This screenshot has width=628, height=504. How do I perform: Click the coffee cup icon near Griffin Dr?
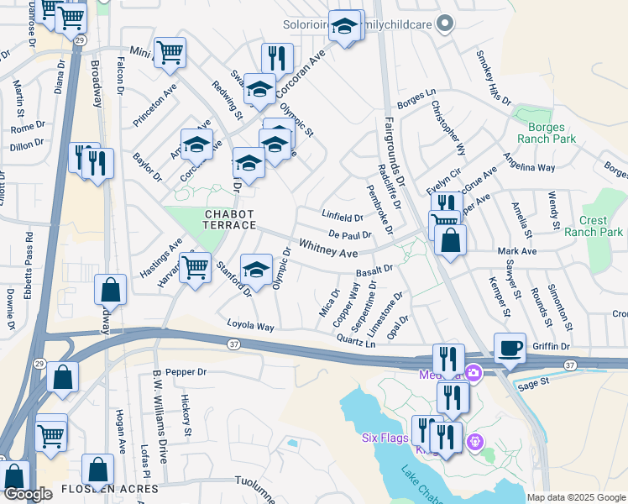(510, 348)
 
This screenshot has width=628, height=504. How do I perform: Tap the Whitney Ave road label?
(328, 249)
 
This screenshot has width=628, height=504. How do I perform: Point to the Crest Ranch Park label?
(594, 226)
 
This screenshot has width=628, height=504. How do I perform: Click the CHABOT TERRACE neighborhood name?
(230, 220)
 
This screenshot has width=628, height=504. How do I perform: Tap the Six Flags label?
(385, 438)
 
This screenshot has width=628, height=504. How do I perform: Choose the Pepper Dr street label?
(186, 371)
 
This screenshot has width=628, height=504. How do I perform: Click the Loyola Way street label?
(250, 326)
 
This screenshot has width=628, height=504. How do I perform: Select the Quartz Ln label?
(355, 341)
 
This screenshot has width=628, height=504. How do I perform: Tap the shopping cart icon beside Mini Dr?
(170, 53)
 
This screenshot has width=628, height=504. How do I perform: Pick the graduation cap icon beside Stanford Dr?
(256, 270)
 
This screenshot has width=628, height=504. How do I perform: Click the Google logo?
(28, 494)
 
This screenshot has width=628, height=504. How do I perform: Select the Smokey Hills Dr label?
(493, 78)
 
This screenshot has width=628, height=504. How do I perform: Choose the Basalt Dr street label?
(374, 270)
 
